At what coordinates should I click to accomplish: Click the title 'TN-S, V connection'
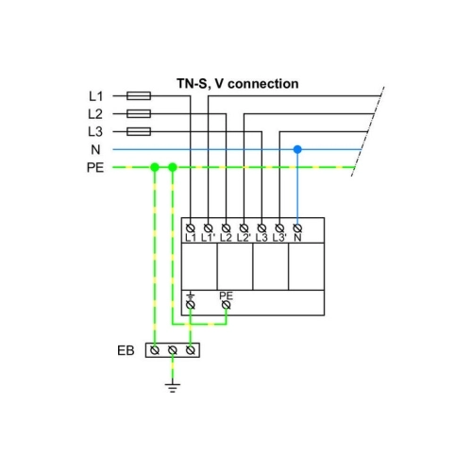pyautogui.click(x=238, y=84)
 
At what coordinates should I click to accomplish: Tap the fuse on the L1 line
pyautogui.click(x=139, y=95)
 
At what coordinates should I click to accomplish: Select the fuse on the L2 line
pyautogui.click(x=139, y=113)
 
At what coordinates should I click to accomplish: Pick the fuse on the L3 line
pyautogui.click(x=139, y=131)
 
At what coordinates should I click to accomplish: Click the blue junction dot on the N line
pyautogui.click(x=297, y=149)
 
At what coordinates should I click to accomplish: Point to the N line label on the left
pyautogui.click(x=95, y=150)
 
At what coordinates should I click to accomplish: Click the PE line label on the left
pyautogui.click(x=95, y=168)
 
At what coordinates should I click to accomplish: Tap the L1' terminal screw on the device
pyautogui.click(x=208, y=228)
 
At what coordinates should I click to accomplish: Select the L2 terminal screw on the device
pyautogui.click(x=226, y=228)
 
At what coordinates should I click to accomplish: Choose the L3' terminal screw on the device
pyautogui.click(x=279, y=228)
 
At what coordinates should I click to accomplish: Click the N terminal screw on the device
pyautogui.click(x=297, y=228)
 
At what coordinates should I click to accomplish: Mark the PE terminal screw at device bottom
pyautogui.click(x=226, y=305)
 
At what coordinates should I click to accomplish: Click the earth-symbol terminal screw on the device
pyautogui.click(x=191, y=305)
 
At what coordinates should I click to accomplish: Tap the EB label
pyautogui.click(x=126, y=350)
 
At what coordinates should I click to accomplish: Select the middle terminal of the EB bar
pyautogui.click(x=173, y=350)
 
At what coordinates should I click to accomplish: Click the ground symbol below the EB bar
pyautogui.click(x=173, y=388)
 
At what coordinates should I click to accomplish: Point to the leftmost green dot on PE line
pyautogui.click(x=155, y=167)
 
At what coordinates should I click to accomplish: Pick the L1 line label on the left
pyautogui.click(x=95, y=96)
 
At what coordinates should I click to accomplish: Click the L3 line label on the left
pyautogui.click(x=95, y=132)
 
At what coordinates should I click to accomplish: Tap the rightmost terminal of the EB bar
pyautogui.click(x=191, y=350)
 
